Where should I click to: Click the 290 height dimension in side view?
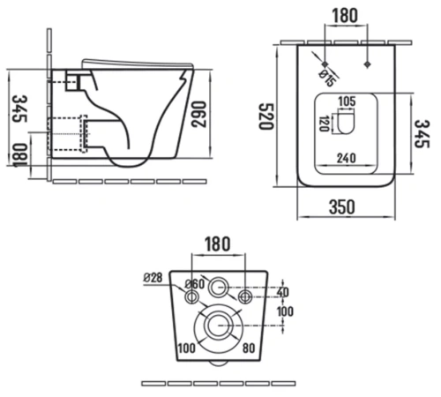pos(198,114)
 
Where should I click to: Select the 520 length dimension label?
pos(266,116)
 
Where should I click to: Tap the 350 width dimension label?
pos(342,206)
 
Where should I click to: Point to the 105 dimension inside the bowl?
pos(347,101)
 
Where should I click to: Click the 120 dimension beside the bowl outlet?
pos(324,124)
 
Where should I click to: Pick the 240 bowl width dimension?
pos(347,158)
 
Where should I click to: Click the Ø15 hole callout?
pos(327,79)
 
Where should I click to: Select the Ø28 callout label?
pos(153,277)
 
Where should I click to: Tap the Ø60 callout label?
pos(195,284)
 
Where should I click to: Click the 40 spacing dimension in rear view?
pos(283,292)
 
